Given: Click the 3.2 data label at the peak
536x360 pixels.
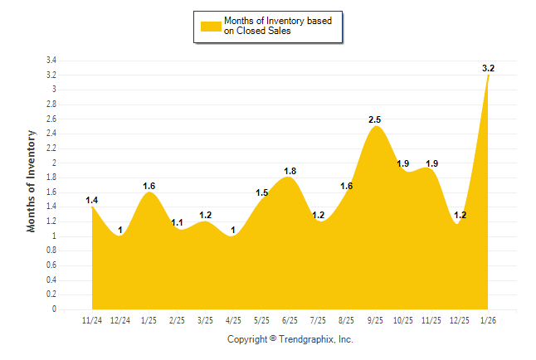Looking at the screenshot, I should click(x=489, y=68).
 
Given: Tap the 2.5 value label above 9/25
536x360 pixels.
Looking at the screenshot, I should click(x=376, y=120).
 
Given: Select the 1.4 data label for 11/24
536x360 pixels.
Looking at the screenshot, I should click(x=92, y=200).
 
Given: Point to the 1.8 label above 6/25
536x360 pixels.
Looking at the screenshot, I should click(x=290, y=171).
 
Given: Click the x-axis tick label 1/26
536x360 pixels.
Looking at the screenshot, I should click(x=488, y=320).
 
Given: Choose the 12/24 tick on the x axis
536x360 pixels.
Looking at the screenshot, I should click(x=121, y=320).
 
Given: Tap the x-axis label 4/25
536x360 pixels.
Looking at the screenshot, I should click(x=233, y=320).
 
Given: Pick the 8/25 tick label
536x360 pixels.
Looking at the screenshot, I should click(x=347, y=320).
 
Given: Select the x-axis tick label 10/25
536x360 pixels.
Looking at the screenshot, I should click(x=403, y=320).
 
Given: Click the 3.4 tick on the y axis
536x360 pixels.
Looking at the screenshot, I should click(x=51, y=61).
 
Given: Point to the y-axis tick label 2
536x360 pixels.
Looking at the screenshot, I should click(x=54, y=163).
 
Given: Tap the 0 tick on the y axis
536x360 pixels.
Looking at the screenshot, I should click(x=54, y=309).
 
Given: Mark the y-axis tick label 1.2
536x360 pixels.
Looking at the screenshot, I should click(x=51, y=221).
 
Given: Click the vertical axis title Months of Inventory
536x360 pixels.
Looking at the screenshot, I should click(x=32, y=181).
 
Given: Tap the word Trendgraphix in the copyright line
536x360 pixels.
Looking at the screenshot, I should click(x=305, y=339).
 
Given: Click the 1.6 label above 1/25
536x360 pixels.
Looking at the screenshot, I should click(x=149, y=186).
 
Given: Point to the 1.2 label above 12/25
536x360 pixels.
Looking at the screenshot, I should click(x=460, y=215).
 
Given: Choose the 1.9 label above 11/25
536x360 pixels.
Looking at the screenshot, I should click(x=431, y=163).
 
